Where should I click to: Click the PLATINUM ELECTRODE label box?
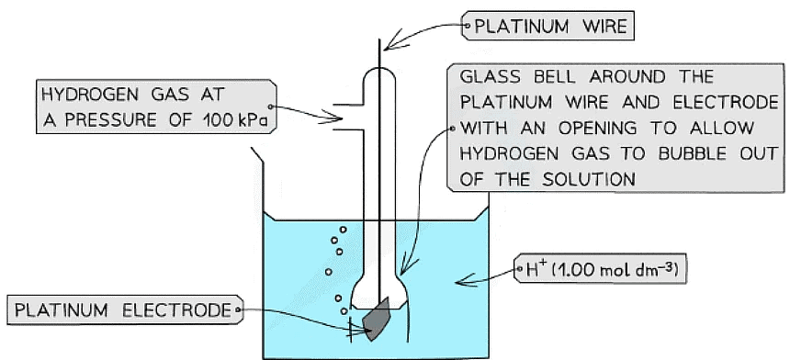coord(123,310)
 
